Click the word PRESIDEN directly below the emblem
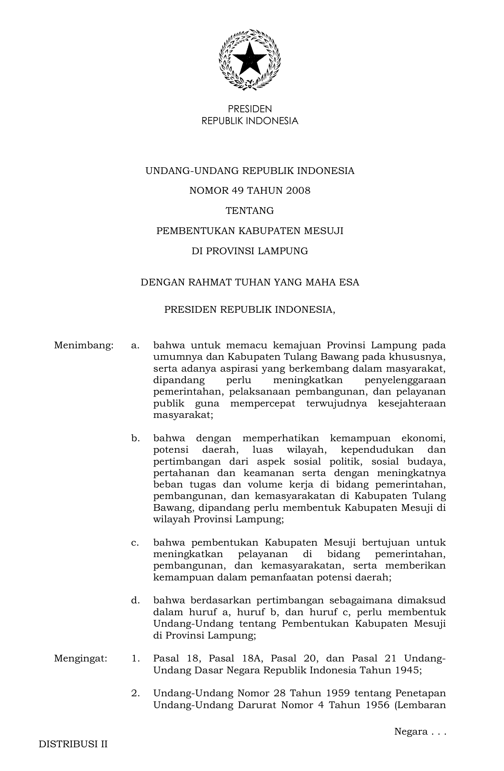point(250,109)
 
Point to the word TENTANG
point(250,211)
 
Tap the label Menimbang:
point(84,346)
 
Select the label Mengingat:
point(81,659)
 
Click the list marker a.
point(135,346)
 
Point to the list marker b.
point(136,438)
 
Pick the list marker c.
point(135,542)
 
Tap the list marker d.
point(136,601)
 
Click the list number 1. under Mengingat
point(136,659)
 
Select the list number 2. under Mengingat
point(136,694)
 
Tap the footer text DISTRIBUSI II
point(73,744)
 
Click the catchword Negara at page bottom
point(411,731)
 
